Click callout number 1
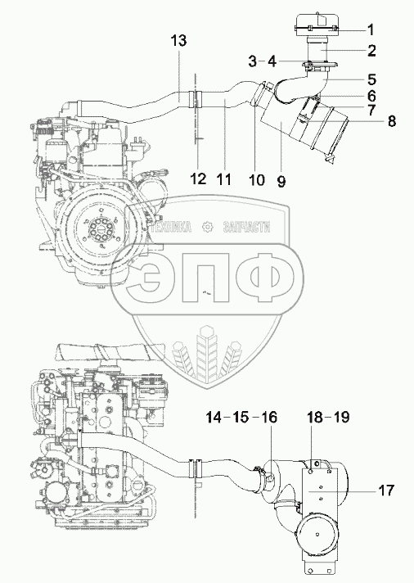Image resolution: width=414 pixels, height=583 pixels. click(371, 29)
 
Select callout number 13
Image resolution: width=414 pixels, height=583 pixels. click(178, 40)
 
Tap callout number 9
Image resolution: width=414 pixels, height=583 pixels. click(281, 181)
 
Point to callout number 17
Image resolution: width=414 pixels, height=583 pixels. click(385, 490)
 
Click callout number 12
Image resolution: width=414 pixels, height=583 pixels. click(198, 179)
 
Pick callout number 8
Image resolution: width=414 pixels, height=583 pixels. click(392, 121)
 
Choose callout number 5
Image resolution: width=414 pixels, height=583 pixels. click(371, 79)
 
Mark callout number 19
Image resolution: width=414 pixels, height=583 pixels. click(341, 417)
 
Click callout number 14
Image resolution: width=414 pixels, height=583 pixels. click(214, 417)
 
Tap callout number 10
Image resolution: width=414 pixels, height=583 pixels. click(256, 180)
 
